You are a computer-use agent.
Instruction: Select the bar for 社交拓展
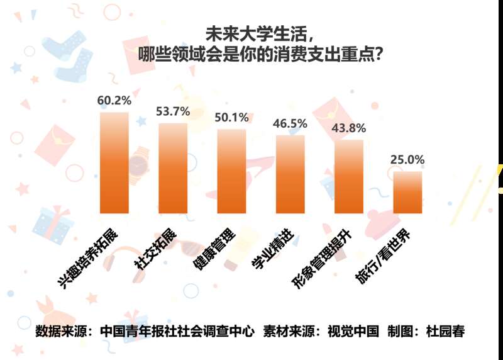click(173, 169)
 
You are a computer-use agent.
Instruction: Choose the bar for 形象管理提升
click(349, 177)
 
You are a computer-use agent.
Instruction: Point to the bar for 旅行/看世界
click(407, 193)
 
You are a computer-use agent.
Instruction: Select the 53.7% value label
click(173, 111)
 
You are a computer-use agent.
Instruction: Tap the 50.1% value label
click(231, 118)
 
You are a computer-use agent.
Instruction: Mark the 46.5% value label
click(290, 123)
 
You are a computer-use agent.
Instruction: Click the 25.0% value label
click(407, 160)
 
